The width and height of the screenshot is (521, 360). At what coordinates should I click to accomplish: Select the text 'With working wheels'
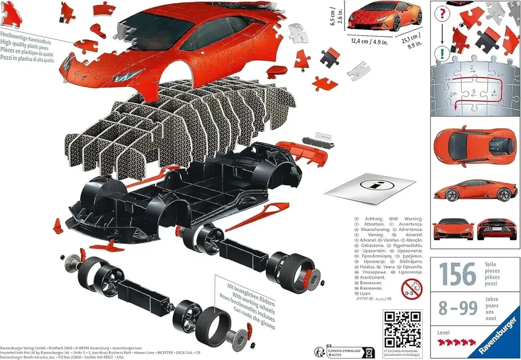click(250, 296)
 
